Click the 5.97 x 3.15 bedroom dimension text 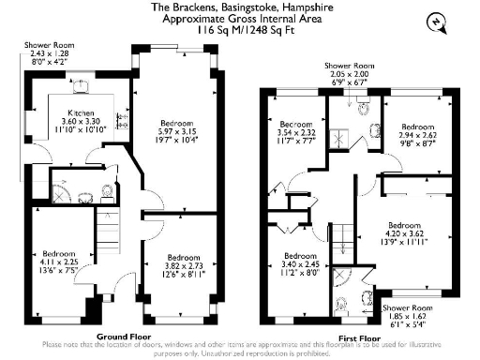click(x=174, y=131)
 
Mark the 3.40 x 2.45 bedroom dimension click(x=299, y=265)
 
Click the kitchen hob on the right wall click(x=121, y=119)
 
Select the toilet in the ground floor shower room click(x=105, y=193)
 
